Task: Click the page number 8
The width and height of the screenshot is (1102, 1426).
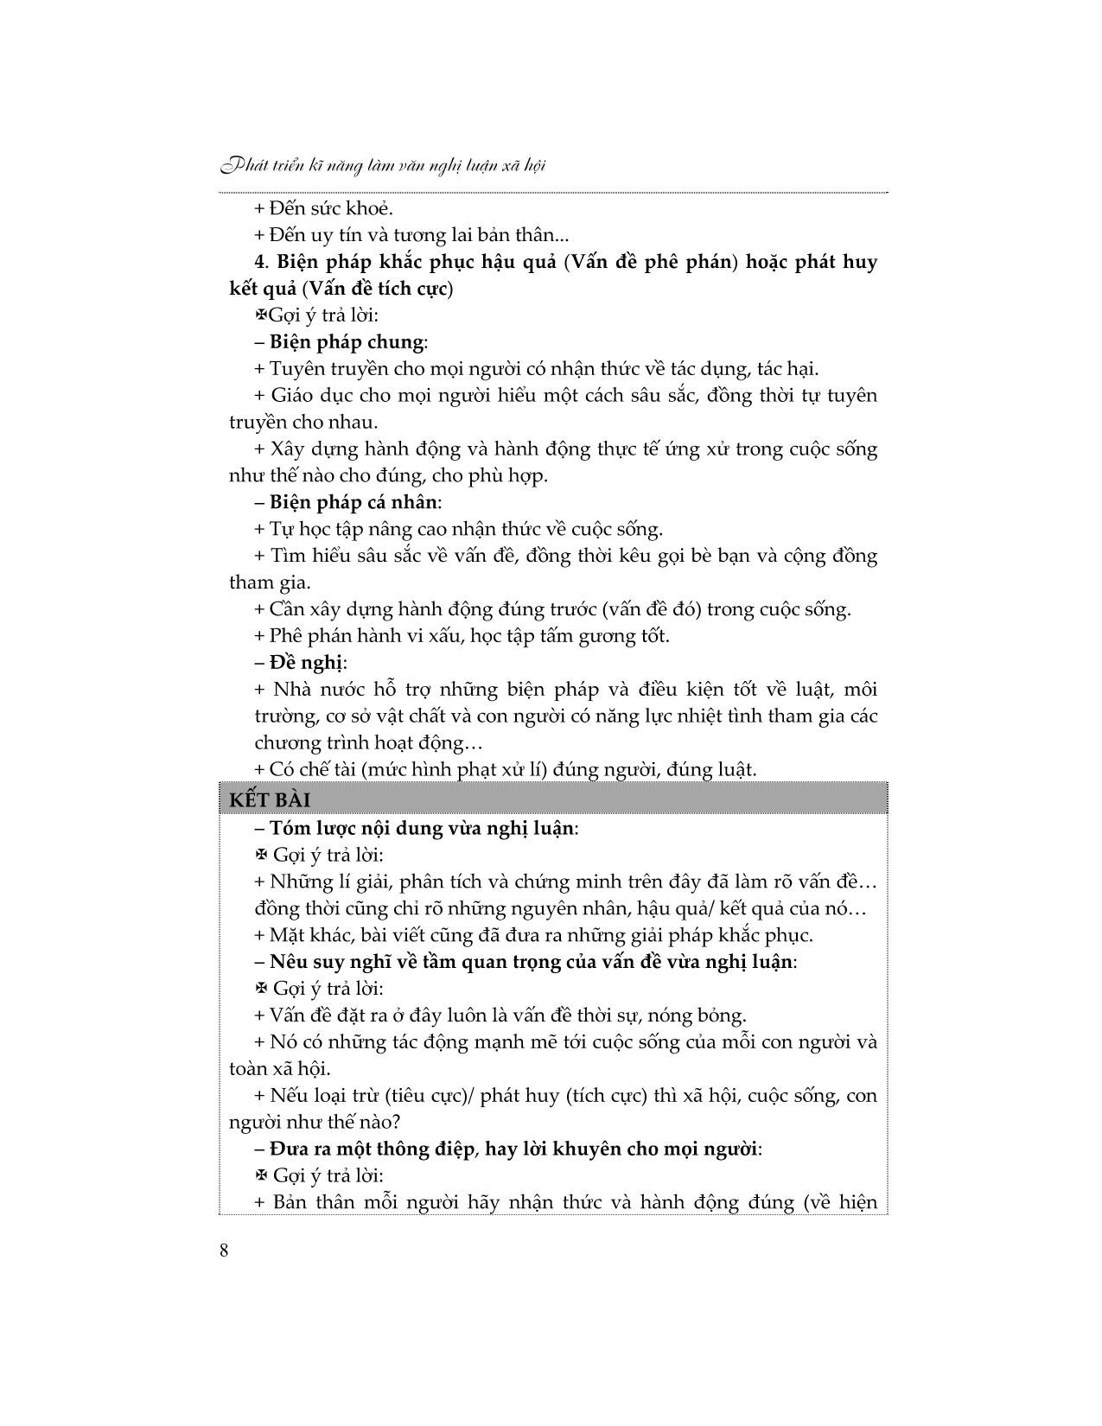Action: (x=225, y=1251)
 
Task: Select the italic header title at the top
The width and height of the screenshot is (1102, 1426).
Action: (x=383, y=164)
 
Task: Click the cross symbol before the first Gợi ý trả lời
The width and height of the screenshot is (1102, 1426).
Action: (x=260, y=316)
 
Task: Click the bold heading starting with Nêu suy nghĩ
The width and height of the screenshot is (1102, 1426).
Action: (x=531, y=962)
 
